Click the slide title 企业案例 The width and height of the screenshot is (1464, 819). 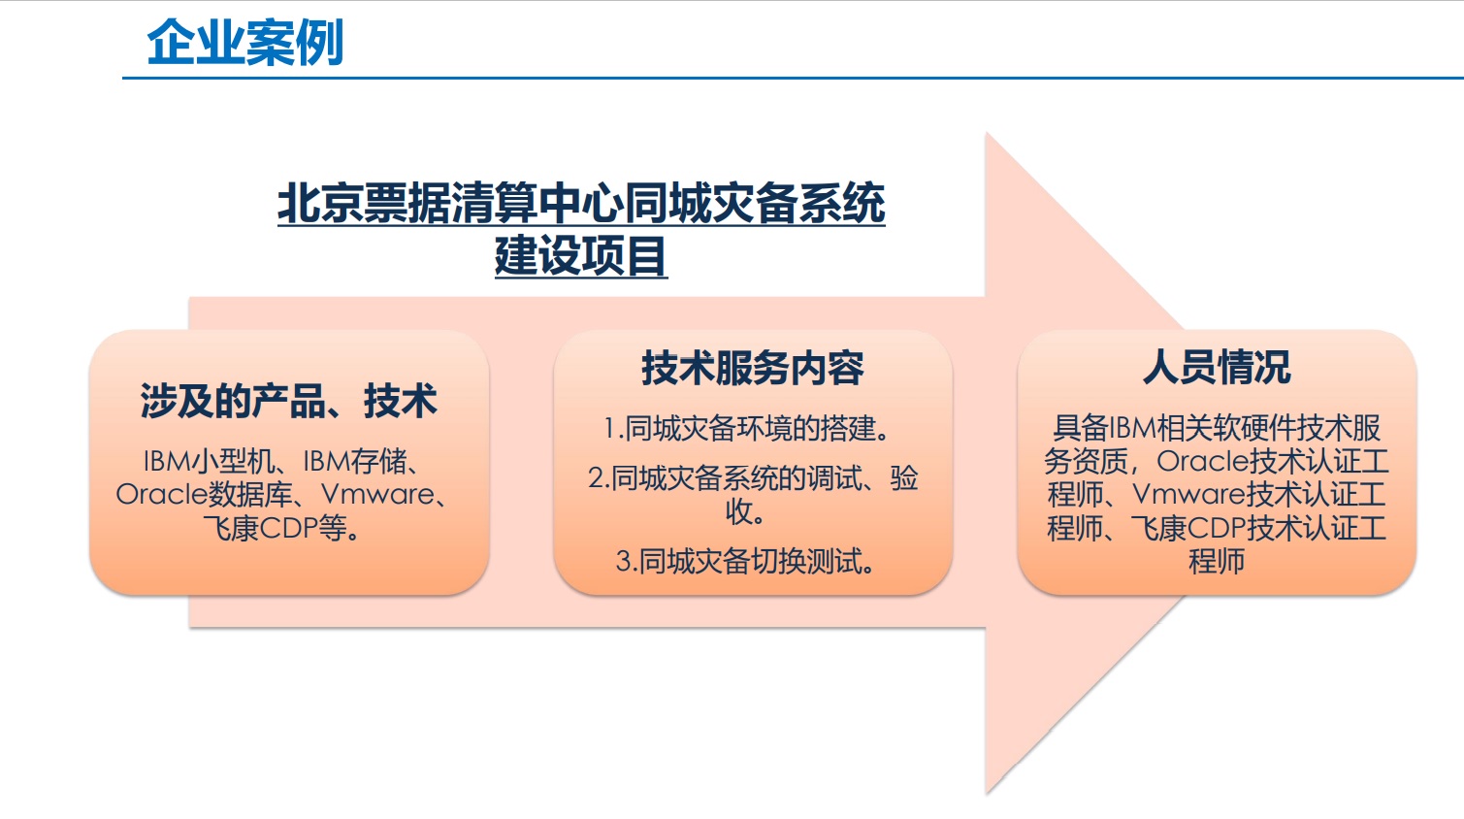pyautogui.click(x=245, y=42)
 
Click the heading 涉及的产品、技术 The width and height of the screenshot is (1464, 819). pyautogui.click(x=288, y=401)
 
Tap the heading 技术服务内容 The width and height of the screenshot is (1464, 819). pyautogui.click(x=753, y=368)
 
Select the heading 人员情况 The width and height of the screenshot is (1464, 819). pyautogui.click(x=1217, y=367)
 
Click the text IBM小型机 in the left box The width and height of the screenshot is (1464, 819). pyautogui.click(x=208, y=462)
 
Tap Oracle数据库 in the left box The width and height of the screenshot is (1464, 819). pyautogui.click(x=204, y=495)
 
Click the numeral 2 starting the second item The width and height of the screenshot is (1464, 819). pyautogui.click(x=595, y=478)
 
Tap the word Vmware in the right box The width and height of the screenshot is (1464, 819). pyautogui.click(x=1188, y=495)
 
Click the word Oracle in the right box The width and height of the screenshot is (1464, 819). pyautogui.click(x=1203, y=462)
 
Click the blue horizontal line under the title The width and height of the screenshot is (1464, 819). pyautogui.click(x=793, y=78)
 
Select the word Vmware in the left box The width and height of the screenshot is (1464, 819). pyautogui.click(x=377, y=495)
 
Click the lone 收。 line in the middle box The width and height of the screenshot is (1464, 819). pyautogui.click(x=745, y=511)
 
